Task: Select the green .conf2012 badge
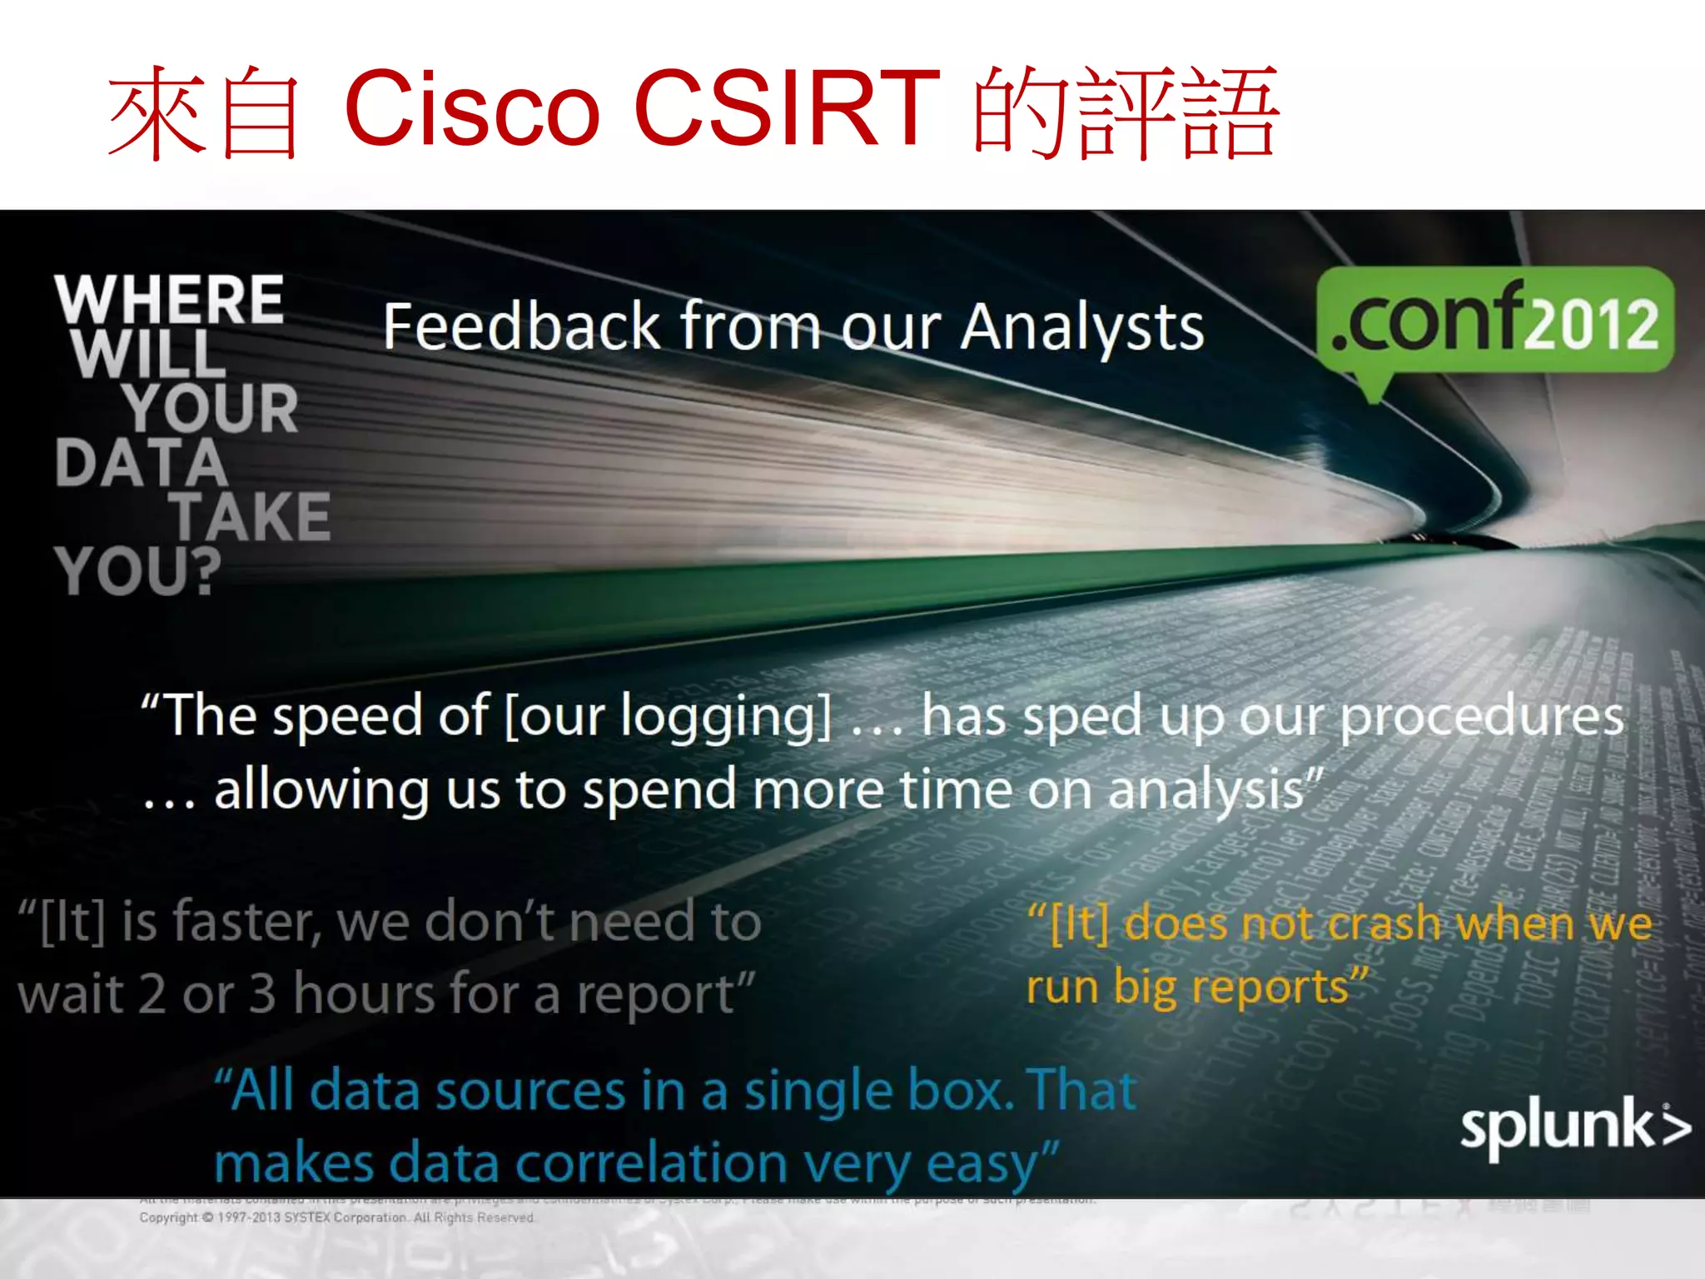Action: pyautogui.click(x=1494, y=321)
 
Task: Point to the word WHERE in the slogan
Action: pyautogui.click(x=170, y=300)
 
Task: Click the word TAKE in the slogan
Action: pyautogui.click(x=251, y=517)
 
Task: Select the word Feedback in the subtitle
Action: pyautogui.click(x=521, y=326)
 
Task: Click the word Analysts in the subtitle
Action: pyautogui.click(x=1081, y=328)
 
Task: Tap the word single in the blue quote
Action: pyautogui.click(x=816, y=1092)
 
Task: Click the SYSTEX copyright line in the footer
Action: pyautogui.click(x=336, y=1217)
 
